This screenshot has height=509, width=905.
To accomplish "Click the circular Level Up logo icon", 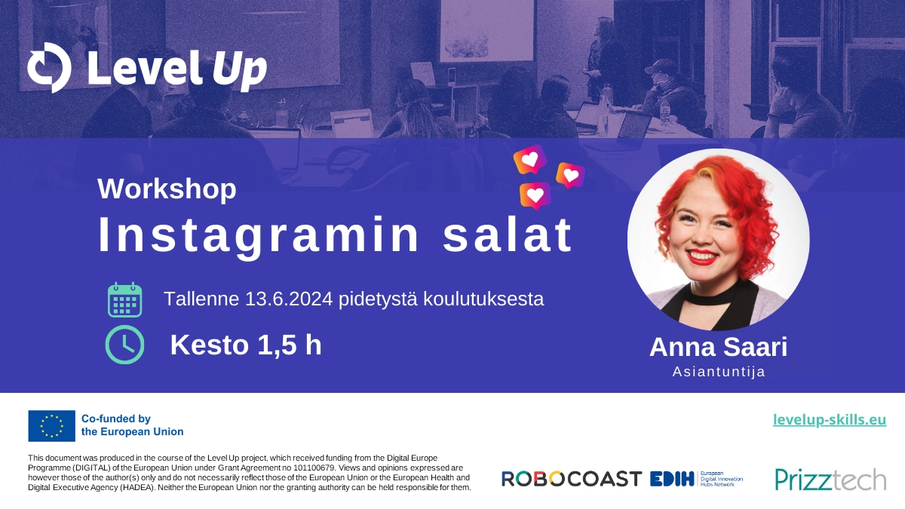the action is tap(49, 67).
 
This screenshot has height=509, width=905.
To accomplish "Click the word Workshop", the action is tap(167, 189).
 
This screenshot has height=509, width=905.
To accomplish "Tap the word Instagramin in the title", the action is tap(259, 236).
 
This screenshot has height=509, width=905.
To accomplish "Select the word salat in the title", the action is tap(508, 235).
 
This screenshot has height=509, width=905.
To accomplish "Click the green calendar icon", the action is tap(125, 300).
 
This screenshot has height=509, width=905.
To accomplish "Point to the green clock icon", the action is tap(125, 345).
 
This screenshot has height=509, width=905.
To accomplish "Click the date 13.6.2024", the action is tap(289, 299).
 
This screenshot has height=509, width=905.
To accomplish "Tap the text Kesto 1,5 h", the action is tap(246, 345).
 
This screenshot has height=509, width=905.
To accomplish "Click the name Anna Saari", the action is tap(718, 347).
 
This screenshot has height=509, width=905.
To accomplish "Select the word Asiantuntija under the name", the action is tap(719, 372).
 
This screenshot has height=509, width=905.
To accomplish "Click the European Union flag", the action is tap(52, 426).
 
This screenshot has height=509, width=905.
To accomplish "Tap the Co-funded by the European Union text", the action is tap(132, 425).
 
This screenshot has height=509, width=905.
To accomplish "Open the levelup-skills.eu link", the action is tap(830, 420).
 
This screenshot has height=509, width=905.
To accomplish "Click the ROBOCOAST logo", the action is tap(572, 479).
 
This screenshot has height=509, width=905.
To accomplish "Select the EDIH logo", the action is tap(696, 479).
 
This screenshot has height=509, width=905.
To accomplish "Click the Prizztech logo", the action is tap(830, 479).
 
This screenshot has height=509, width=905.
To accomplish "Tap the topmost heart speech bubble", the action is tap(530, 159).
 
